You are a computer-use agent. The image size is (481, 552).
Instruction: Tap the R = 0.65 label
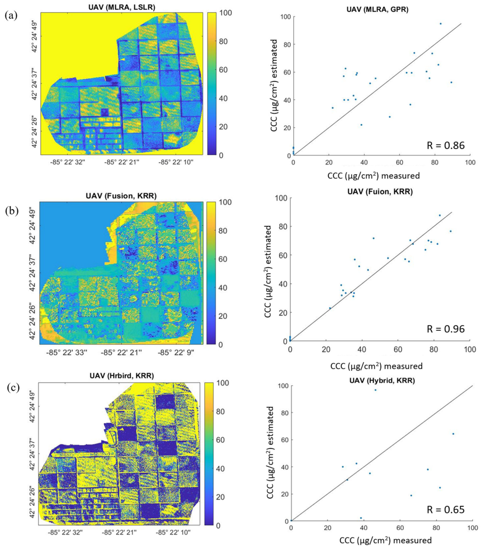pyautogui.click(x=445, y=510)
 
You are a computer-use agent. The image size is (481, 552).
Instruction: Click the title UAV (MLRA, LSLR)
pyautogui.click(x=122, y=8)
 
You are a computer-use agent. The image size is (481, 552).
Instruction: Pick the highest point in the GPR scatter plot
pyautogui.click(x=440, y=24)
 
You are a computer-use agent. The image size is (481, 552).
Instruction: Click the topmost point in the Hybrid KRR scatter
pyautogui.click(x=375, y=390)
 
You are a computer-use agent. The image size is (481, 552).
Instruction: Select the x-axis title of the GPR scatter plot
pyautogui.click(x=373, y=176)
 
